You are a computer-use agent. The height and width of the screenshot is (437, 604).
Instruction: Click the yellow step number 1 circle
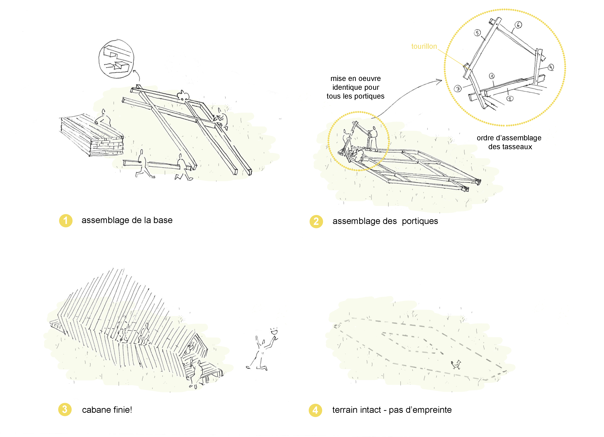[x=65, y=221]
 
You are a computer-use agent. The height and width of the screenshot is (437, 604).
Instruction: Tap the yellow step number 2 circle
[x=316, y=222]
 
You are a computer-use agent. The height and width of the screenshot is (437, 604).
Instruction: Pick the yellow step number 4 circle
[x=315, y=410]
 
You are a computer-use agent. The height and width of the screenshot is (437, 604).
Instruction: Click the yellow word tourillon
[x=424, y=46]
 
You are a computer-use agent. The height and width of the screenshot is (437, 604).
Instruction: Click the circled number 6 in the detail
[x=518, y=25]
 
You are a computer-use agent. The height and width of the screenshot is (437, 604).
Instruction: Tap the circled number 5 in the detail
[x=477, y=33]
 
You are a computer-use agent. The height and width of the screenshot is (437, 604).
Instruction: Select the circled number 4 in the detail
[x=551, y=67]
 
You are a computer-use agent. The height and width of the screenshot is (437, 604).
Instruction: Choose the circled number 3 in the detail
[x=458, y=89]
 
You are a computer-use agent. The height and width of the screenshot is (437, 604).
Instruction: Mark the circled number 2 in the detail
[x=510, y=99]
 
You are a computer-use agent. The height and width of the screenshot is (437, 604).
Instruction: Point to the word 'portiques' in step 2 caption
[x=420, y=221]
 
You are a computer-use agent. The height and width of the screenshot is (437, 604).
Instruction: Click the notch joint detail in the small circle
[x=116, y=59]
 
